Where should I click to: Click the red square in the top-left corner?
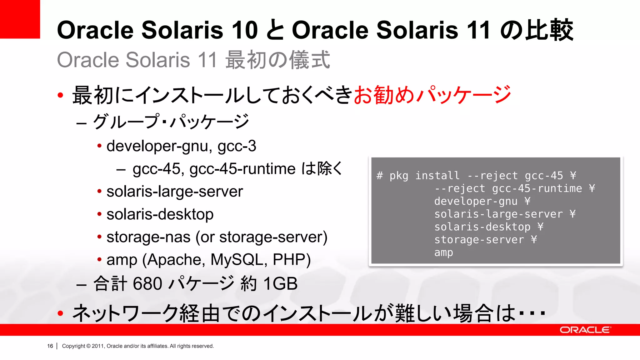20,19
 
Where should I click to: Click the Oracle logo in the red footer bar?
585,330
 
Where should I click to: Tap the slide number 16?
50,346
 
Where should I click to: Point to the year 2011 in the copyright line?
97,346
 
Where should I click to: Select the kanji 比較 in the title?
549,30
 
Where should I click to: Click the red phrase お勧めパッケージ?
432,95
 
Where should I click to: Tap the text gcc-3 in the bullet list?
237,146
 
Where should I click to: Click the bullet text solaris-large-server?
174,192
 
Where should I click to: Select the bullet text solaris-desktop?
160,214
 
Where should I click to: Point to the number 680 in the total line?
147,284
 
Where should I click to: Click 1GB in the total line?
280,284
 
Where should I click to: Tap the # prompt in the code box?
380,176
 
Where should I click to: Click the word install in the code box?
437,176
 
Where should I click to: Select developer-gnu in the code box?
476,201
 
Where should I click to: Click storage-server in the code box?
479,240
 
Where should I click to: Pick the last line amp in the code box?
443,252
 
